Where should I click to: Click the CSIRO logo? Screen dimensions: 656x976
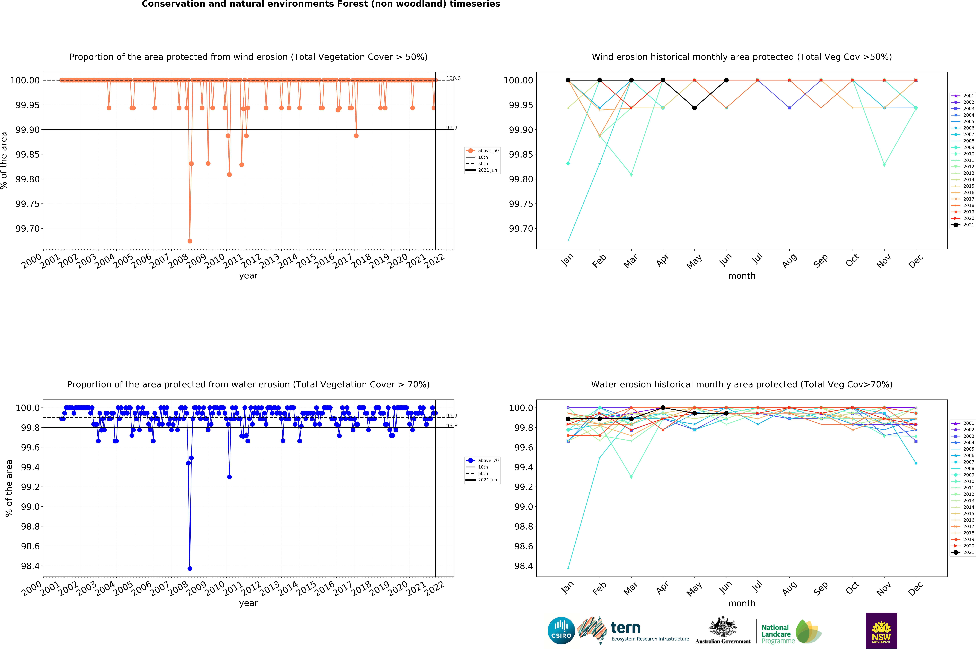pos(561,630)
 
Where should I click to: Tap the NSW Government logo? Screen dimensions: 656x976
pos(881,630)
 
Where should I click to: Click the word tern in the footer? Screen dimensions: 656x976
pos(625,628)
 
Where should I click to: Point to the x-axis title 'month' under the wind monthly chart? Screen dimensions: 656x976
pos(742,276)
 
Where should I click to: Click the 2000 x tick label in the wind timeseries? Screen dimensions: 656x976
pos(32,262)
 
